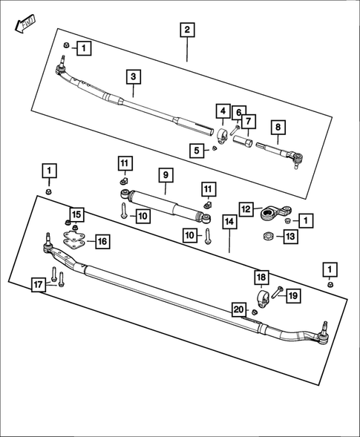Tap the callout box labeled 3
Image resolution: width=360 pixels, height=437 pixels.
point(133,76)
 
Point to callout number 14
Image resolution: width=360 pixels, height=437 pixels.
point(229,221)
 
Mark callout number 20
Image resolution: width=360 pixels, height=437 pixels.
point(238,309)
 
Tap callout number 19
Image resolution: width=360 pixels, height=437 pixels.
point(292,295)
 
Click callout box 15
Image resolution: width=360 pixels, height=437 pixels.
point(77,215)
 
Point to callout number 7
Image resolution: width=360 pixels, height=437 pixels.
point(247,121)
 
